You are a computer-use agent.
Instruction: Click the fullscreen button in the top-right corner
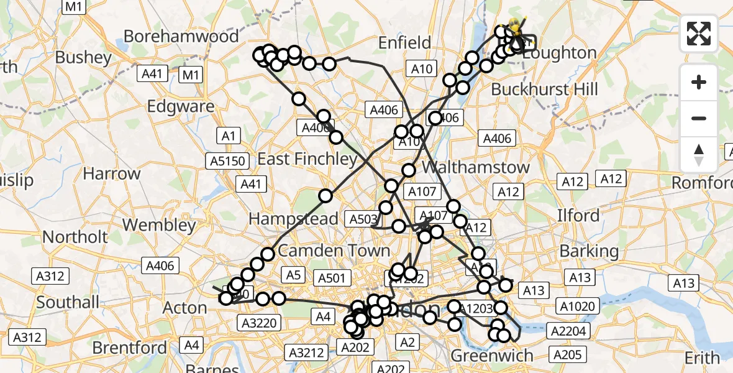click(699, 34)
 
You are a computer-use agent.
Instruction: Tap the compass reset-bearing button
click(699, 155)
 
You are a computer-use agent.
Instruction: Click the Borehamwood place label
click(181, 36)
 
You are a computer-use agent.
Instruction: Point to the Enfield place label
click(405, 43)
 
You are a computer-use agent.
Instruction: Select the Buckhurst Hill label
click(544, 90)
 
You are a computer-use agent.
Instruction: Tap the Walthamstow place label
click(476, 167)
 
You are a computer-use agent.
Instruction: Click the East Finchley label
click(307, 159)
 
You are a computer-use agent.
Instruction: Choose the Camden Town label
click(334, 251)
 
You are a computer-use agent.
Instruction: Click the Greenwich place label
click(491, 356)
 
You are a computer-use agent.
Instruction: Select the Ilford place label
click(579, 216)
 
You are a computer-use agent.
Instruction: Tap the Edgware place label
click(181, 106)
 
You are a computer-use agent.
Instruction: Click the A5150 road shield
click(228, 161)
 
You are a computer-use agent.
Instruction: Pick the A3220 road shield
click(260, 323)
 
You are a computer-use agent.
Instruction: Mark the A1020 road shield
click(578, 306)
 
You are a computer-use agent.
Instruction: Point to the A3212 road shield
click(306, 353)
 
